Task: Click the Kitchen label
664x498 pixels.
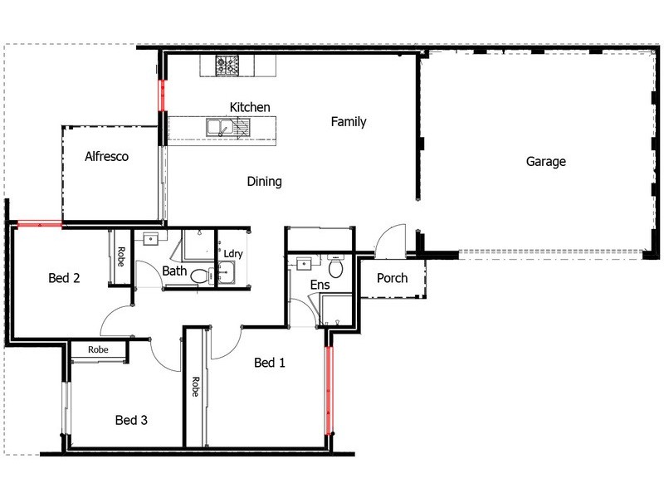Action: (x=250, y=107)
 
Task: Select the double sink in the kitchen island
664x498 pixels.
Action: (x=221, y=127)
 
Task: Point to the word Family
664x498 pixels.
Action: (x=349, y=122)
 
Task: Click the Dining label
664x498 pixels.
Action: (x=265, y=182)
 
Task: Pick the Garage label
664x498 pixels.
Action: (x=545, y=162)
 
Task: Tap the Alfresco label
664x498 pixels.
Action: (x=106, y=156)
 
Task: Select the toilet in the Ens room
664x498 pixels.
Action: (x=336, y=269)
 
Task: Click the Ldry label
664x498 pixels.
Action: (x=233, y=254)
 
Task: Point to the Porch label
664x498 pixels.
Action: (x=392, y=278)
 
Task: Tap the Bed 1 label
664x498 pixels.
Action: (x=270, y=363)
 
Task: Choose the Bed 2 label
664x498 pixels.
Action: (x=64, y=278)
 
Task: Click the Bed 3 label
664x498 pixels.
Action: (x=131, y=421)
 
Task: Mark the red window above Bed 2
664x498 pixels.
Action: (x=39, y=222)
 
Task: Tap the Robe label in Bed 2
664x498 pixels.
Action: (x=120, y=256)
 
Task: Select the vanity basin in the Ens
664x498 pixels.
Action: (x=303, y=264)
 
